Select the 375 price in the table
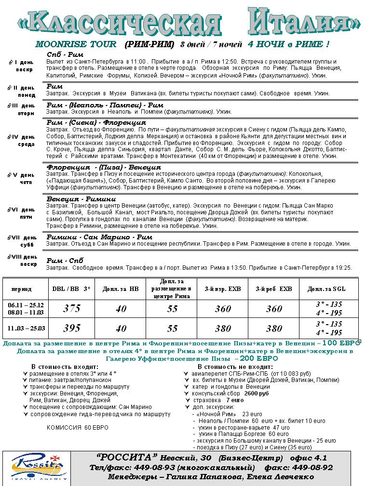(72, 309)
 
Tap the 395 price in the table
(72, 328)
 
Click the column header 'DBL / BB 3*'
(71, 289)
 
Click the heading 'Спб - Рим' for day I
(65, 54)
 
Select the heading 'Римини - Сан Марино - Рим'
(99, 237)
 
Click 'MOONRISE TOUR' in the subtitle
(76, 44)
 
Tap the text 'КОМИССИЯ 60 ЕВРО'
(78, 427)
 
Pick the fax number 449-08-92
(312, 467)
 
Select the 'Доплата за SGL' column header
(326, 289)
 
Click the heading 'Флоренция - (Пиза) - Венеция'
(104, 167)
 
